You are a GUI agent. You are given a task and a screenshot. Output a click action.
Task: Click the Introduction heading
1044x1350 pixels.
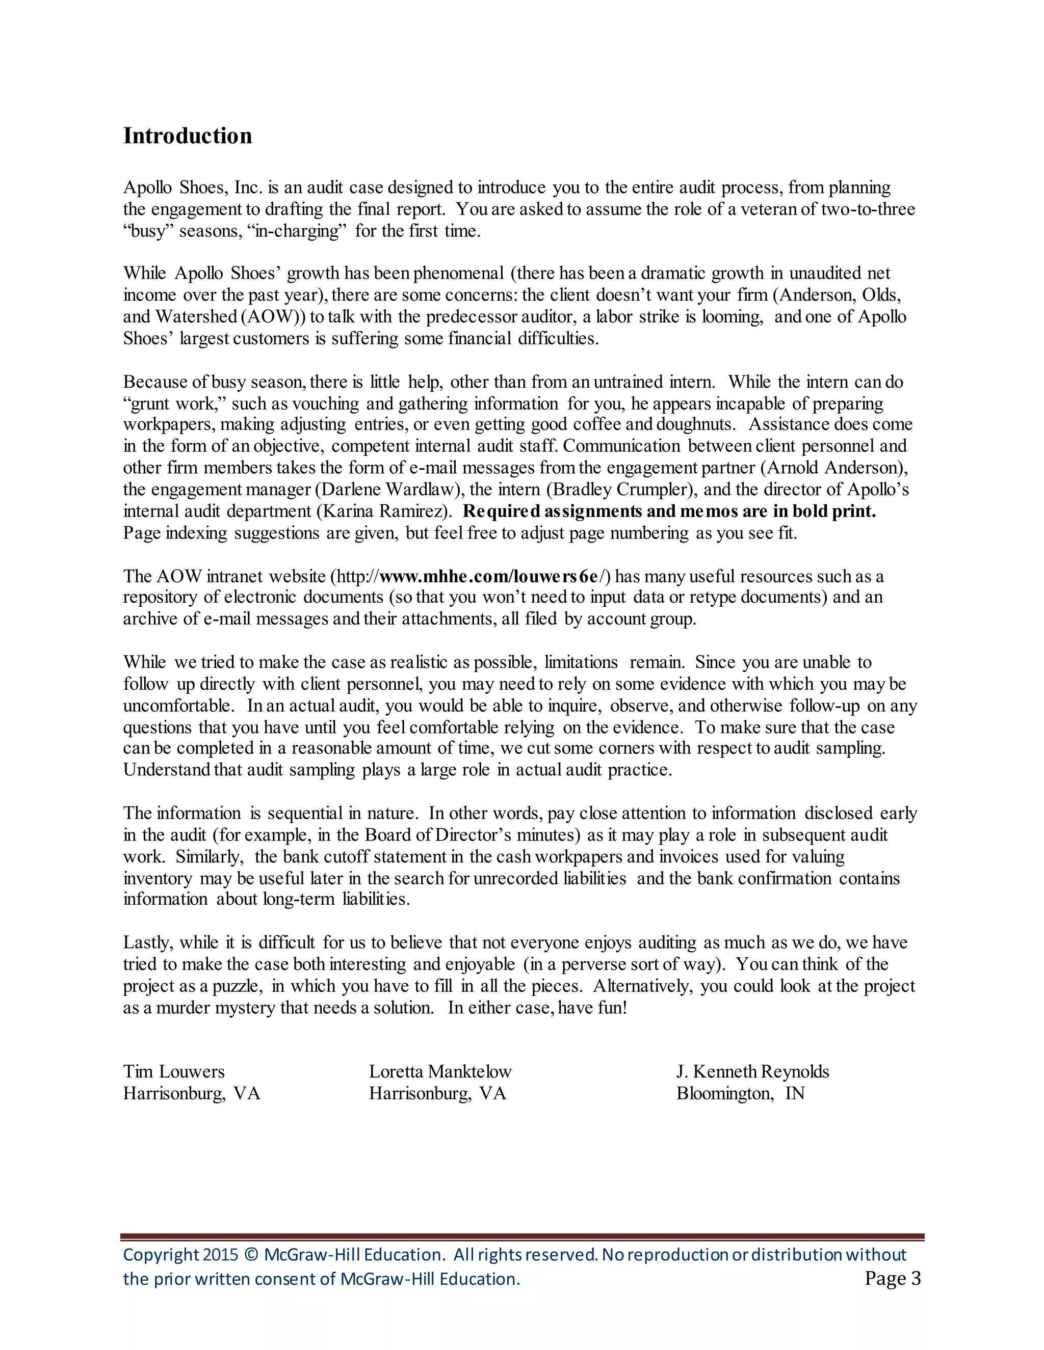(188, 136)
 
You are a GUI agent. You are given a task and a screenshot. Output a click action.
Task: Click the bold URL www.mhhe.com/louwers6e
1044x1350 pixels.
(488, 576)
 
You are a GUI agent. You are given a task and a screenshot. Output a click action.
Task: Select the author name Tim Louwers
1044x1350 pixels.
(174, 1071)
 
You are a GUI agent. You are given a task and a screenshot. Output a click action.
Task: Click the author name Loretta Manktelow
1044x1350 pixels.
(440, 1071)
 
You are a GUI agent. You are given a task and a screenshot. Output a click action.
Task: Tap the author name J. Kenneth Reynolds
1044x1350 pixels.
(752, 1071)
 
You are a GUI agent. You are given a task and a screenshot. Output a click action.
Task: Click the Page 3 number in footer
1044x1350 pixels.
(893, 1278)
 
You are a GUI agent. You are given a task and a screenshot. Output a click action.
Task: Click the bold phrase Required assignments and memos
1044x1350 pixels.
(600, 511)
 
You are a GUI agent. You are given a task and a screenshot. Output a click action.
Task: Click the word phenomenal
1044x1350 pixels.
(458, 273)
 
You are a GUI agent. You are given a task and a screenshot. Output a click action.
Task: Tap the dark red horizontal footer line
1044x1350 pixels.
(522, 1236)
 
